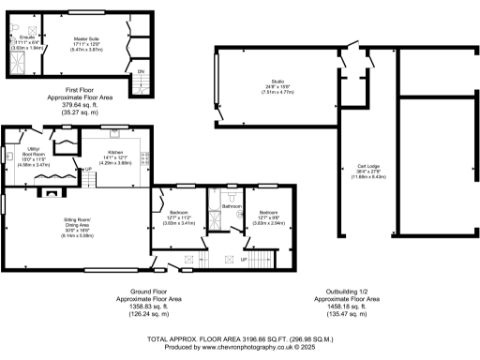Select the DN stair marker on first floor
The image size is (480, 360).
pos(141,71)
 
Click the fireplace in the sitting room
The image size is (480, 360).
pos(50,196)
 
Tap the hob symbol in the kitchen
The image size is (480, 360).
pos(143,160)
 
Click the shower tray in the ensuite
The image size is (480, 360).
pos(15,62)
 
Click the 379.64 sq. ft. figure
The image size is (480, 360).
pos(72,104)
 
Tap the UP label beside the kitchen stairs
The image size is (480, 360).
pos(89,169)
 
